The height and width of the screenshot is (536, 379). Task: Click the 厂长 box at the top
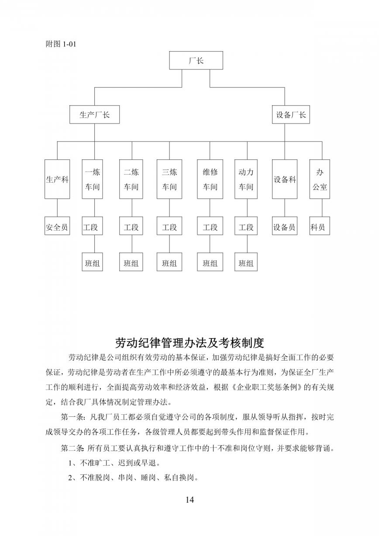196,60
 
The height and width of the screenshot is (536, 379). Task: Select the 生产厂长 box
95,115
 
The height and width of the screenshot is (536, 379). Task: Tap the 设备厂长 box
291,115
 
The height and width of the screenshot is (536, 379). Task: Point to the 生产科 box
57,179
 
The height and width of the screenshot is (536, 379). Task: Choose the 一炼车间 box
93,179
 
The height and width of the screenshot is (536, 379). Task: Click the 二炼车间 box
131,179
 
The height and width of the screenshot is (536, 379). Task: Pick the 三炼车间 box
169,179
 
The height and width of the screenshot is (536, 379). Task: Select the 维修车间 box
210,179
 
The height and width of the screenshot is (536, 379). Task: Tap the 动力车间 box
246,179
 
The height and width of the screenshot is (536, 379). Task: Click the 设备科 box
285,179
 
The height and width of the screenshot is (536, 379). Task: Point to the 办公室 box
320,179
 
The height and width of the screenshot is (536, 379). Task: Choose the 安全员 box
57,226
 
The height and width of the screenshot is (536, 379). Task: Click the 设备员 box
285,226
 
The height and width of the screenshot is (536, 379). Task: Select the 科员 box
320,226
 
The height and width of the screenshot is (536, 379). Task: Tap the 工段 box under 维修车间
210,226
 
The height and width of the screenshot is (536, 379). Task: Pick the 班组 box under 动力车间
246,262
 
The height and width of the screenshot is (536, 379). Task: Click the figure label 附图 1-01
61,44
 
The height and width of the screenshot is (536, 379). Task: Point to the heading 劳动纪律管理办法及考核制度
189,343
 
